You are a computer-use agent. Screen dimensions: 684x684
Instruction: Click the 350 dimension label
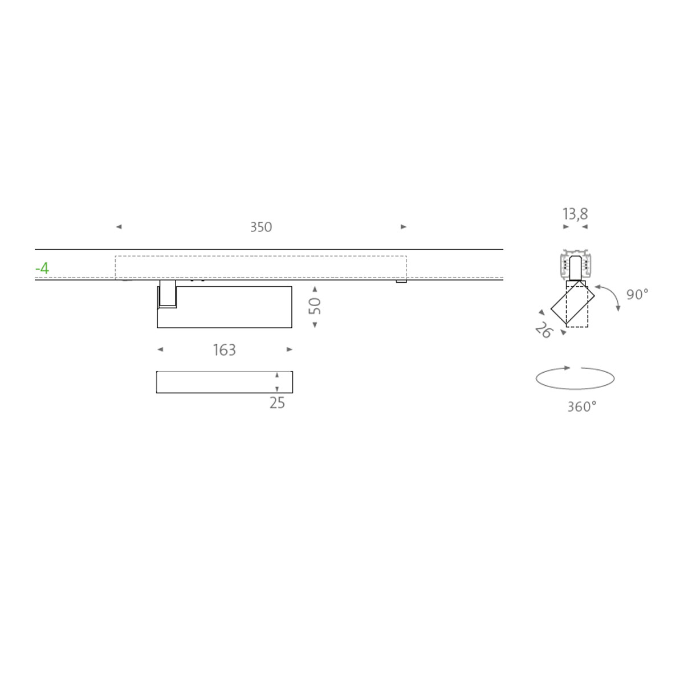[x=261, y=227]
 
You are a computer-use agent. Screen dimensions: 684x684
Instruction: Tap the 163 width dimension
[x=225, y=350]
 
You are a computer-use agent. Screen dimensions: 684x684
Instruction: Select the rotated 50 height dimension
[x=315, y=306]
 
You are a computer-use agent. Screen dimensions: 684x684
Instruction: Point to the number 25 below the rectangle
[x=277, y=403]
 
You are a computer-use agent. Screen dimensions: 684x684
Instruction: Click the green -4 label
[x=42, y=268]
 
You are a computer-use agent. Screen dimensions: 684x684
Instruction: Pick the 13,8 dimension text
[x=575, y=214]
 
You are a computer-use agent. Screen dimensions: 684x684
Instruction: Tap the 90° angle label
[x=637, y=294]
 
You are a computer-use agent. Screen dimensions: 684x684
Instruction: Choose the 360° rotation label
[x=582, y=407]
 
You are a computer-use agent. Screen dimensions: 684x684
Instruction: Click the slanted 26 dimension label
[x=544, y=330]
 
